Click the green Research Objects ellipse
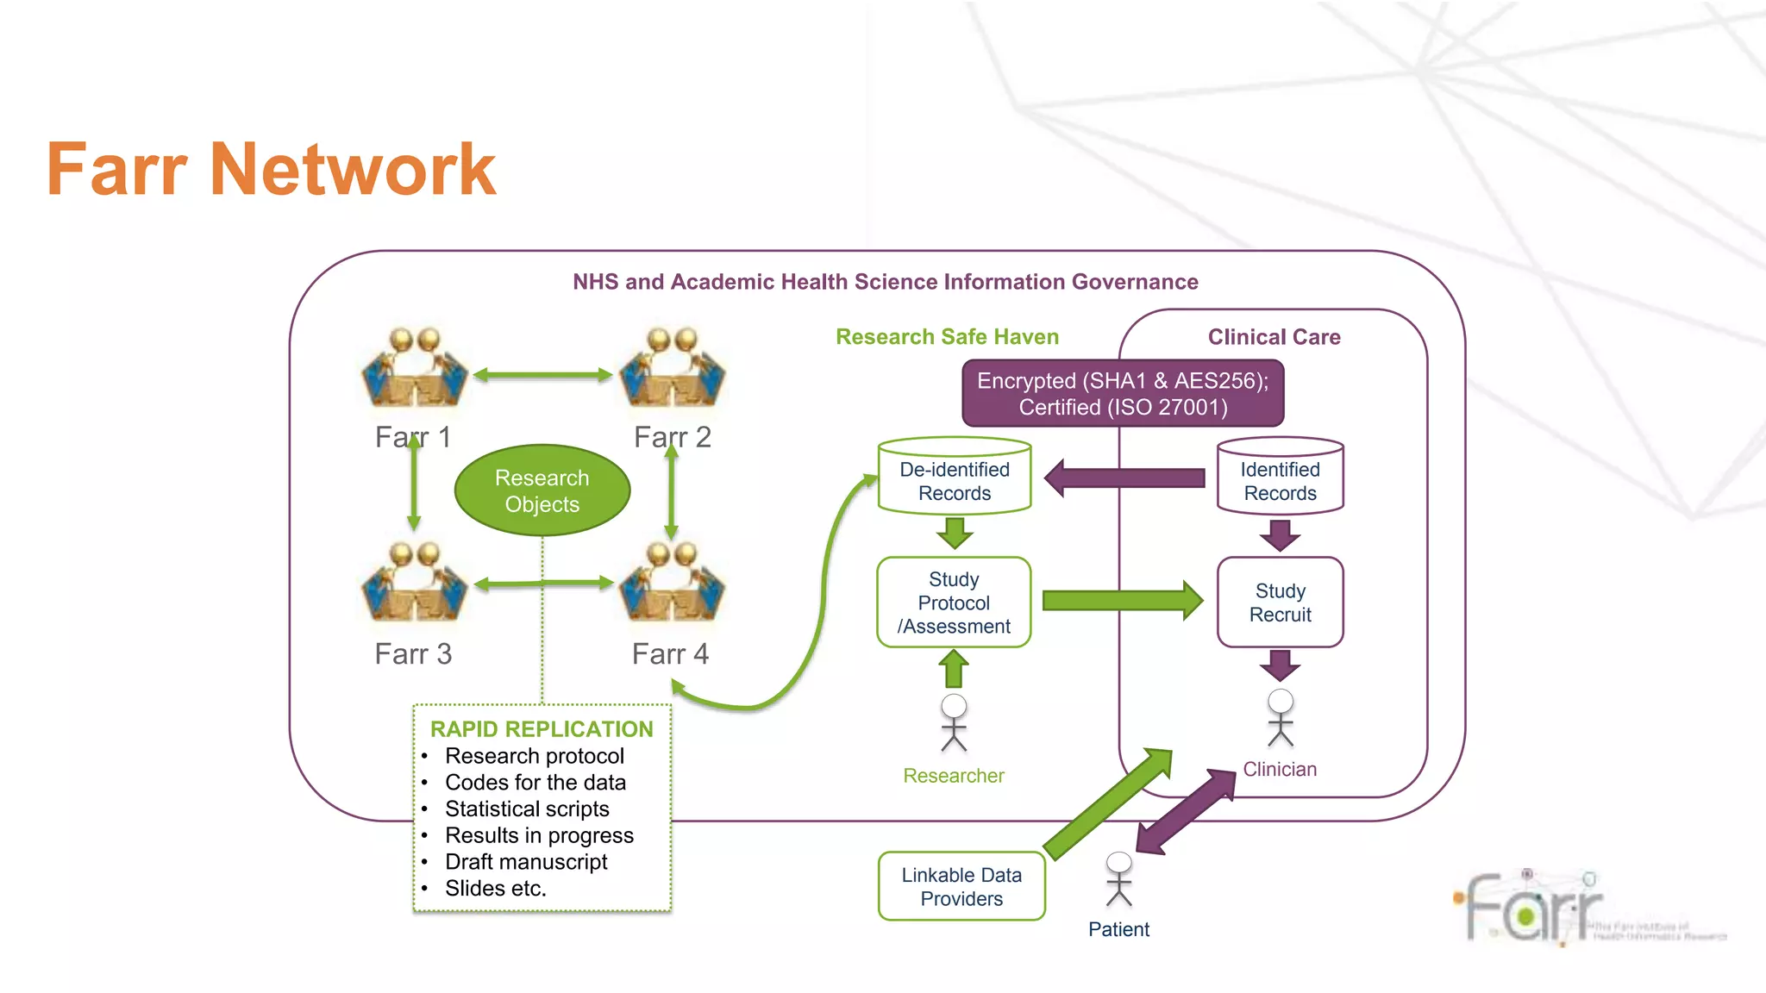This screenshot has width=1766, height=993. coord(542,490)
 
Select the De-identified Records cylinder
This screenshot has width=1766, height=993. coord(954,478)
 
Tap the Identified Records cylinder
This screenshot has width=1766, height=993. coord(1280,478)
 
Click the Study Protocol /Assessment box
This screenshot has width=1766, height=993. coord(954,603)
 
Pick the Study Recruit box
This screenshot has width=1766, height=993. coord(1280,603)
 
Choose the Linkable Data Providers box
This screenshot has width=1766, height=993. coord(961,886)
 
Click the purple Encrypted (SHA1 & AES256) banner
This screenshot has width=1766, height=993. coord(1123,394)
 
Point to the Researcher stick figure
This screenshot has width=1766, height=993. coord(954,722)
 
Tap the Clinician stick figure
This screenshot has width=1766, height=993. coord(1281,717)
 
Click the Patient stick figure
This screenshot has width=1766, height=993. coord(1118,879)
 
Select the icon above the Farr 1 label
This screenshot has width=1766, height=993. coord(415,368)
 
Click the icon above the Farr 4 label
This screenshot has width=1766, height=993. coord(673,583)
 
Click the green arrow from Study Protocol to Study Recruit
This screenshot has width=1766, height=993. coord(1121,601)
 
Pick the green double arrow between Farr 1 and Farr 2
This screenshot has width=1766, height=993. coord(542,375)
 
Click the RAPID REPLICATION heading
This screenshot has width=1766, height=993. coord(542,729)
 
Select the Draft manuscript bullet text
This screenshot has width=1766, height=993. coord(526,862)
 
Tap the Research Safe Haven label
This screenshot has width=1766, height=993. coord(947,337)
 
